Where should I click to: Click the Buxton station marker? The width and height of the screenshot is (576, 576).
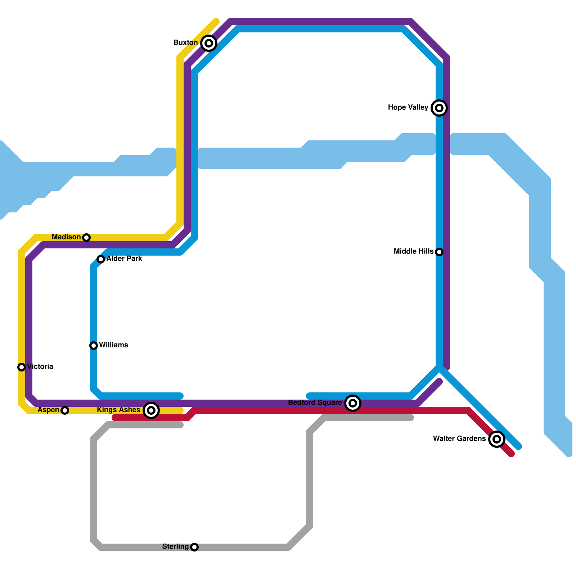209,43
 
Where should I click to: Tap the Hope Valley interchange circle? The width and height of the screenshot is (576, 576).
439,108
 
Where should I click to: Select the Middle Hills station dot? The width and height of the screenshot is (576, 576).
439,252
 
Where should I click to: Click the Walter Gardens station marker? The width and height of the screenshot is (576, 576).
497,439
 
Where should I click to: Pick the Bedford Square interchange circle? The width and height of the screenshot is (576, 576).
353,403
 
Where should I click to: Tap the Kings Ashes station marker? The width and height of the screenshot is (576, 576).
151,410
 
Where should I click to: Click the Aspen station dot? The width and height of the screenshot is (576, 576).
65,410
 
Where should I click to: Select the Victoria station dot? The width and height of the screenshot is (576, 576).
22,367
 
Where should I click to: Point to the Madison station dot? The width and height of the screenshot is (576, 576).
86,238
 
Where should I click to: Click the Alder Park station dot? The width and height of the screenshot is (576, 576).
101,259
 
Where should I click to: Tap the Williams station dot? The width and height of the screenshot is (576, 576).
94,346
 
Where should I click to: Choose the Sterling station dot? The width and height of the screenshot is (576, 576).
194,547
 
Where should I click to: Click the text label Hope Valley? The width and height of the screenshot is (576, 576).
408,108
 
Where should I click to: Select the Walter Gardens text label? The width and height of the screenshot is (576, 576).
459,439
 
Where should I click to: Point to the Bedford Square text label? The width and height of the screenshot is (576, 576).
315,403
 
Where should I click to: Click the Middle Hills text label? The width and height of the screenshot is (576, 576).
414,252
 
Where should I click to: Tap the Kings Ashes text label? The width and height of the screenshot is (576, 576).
118,410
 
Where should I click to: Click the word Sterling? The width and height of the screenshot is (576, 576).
175,547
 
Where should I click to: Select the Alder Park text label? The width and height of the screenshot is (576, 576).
124,259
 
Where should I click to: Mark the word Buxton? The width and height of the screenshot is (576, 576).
185,43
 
